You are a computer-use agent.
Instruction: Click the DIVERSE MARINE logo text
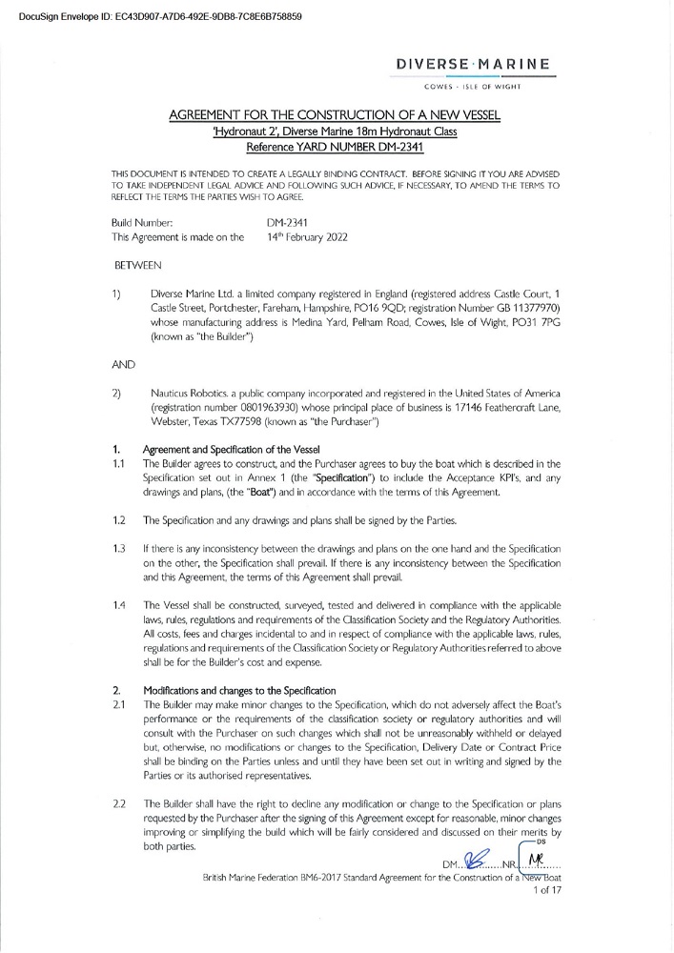click(474, 64)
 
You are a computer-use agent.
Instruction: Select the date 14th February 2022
click(307, 237)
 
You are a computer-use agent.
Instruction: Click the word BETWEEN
click(138, 262)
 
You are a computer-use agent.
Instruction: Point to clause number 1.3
click(119, 550)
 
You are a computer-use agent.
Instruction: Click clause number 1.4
click(119, 605)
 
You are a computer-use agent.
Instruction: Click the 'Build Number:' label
click(141, 222)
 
